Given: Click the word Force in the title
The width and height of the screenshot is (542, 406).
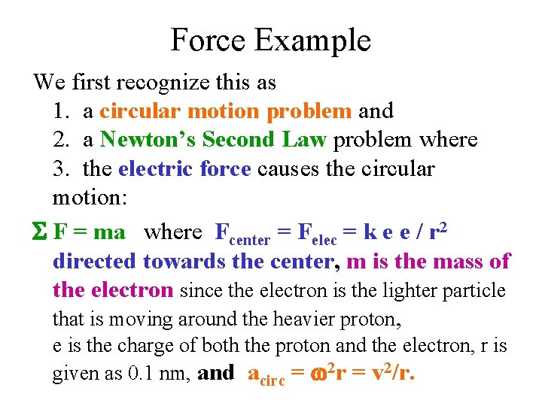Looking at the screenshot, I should point(209,40).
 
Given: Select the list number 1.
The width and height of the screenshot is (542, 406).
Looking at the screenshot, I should point(61,111).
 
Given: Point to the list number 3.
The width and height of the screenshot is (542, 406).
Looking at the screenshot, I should point(61,168).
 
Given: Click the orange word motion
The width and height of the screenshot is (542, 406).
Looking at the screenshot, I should point(224,111).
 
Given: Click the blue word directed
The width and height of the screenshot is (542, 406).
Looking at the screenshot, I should point(95,262).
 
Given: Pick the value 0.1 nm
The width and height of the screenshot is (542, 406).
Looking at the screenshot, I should point(165,374).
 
